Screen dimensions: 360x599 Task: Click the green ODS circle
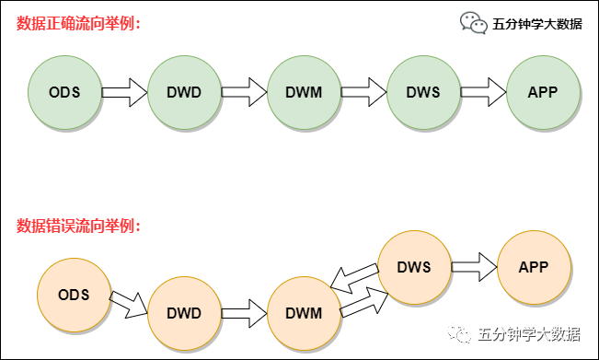pos(64,92)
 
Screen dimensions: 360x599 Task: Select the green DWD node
pos(184,92)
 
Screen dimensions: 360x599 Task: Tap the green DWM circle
pos(304,92)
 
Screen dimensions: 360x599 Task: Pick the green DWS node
pos(423,92)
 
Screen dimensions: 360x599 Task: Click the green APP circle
pos(543,92)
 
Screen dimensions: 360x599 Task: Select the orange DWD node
pos(184,313)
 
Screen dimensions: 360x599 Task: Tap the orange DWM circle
pos(304,313)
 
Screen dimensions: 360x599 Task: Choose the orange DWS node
pos(414,267)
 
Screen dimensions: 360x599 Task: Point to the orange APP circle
pos(534,267)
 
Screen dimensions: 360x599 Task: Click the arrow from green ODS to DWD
pos(124,92)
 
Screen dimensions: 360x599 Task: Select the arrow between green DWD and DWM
pos(244,92)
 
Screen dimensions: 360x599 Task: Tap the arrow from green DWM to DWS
pos(363,92)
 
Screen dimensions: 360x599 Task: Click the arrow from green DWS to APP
pos(483,92)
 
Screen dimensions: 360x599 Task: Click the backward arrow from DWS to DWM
pos(354,276)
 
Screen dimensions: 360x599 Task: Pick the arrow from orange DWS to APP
pos(474,267)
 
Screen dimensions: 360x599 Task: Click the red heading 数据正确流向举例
pos(78,23)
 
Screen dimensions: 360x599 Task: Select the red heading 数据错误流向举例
pos(78,225)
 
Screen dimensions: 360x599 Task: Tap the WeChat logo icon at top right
pos(474,23)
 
